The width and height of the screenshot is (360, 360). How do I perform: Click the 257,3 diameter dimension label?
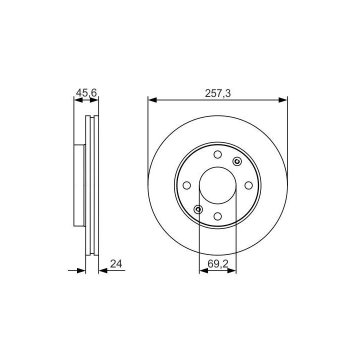pyautogui.click(x=217, y=93)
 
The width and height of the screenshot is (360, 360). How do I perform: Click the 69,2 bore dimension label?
pyautogui.click(x=217, y=264)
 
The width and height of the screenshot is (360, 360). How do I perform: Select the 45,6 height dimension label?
pyautogui.click(x=86, y=93)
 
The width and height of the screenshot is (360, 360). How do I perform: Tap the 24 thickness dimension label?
pyautogui.click(x=116, y=264)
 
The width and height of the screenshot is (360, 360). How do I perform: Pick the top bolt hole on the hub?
pyautogui.click(x=217, y=154)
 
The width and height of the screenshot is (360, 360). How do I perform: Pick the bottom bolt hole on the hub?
pyautogui.click(x=217, y=216)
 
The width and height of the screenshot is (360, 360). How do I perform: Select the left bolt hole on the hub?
pyautogui.click(x=186, y=185)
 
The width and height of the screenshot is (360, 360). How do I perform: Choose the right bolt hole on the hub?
pyautogui.click(x=248, y=185)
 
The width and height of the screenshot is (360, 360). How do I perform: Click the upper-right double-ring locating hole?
pyautogui.click(x=237, y=161)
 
